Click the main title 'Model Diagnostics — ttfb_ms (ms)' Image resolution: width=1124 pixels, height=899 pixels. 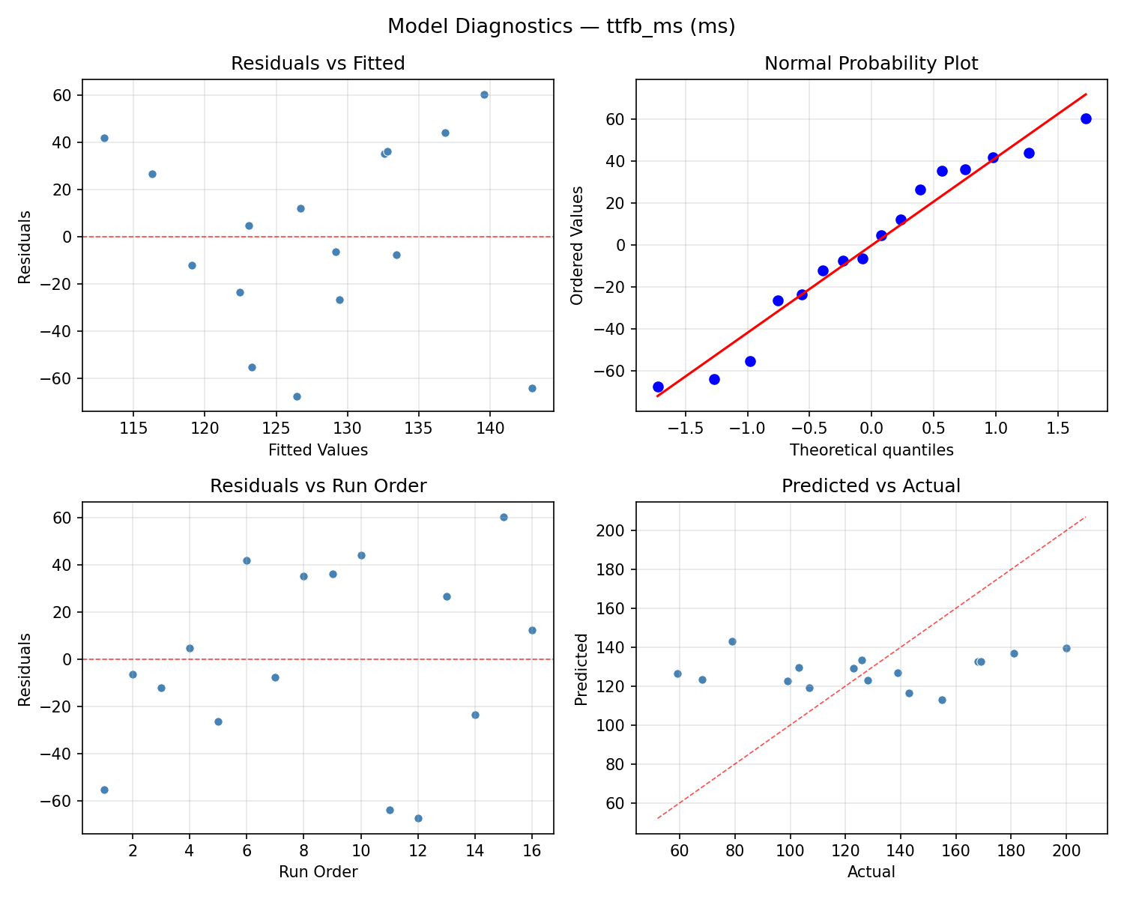pyautogui.click(x=561, y=27)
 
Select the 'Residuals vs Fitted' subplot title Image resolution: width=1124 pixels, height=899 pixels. pyautogui.click(x=318, y=64)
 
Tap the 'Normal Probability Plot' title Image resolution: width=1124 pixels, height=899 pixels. pyautogui.click(x=871, y=64)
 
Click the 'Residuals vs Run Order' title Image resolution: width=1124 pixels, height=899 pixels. pyautogui.click(x=318, y=486)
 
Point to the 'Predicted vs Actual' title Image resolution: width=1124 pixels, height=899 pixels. pyautogui.click(x=871, y=486)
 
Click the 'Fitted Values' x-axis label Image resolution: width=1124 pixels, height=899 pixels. pyautogui.click(x=318, y=450)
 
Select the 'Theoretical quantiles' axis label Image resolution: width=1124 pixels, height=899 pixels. pyautogui.click(x=871, y=450)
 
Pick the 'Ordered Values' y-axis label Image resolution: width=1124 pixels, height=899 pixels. pyautogui.click(x=576, y=245)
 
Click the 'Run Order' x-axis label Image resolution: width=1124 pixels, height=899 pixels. pyautogui.click(x=318, y=872)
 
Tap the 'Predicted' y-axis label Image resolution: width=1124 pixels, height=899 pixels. pyautogui.click(x=581, y=668)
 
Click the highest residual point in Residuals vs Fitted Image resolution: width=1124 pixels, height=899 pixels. pyautogui.click(x=484, y=94)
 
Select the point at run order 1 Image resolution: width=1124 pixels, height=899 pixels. pyautogui.click(x=104, y=790)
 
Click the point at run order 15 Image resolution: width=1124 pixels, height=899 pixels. pyautogui.click(x=504, y=517)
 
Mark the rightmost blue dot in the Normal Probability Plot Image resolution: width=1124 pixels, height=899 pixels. pyautogui.click(x=1086, y=118)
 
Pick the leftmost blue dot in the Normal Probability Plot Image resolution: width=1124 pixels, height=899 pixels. pyautogui.click(x=658, y=387)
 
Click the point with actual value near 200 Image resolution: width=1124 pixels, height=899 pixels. pyautogui.click(x=1066, y=648)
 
